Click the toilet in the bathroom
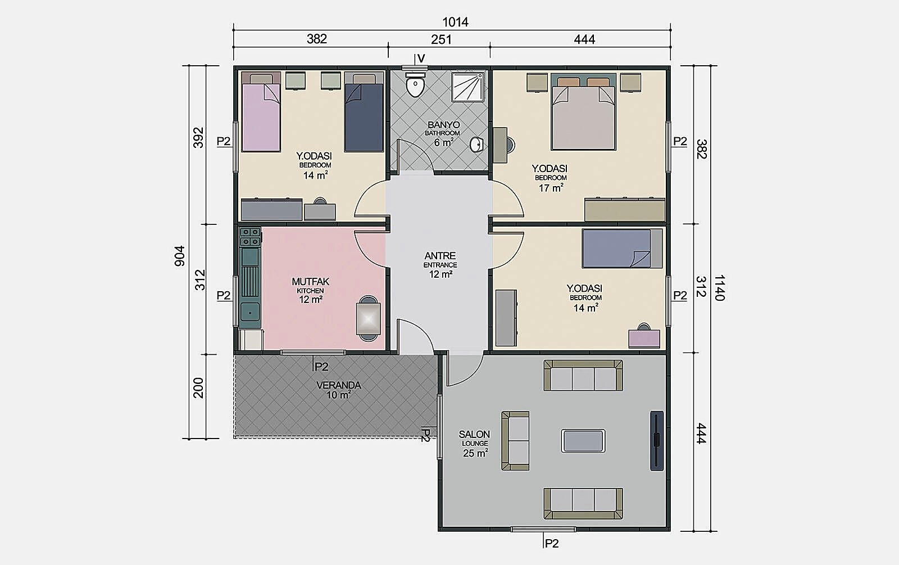[415, 85]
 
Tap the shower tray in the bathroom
[467, 87]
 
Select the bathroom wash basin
[476, 144]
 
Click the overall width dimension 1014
[455, 22]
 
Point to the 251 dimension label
[441, 39]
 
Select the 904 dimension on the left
[179, 256]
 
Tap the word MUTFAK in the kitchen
[310, 282]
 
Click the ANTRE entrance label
[441, 255]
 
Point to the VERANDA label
[339, 385]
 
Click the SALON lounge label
[474, 434]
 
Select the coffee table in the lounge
[583, 441]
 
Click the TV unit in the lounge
[657, 441]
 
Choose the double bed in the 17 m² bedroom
[583, 112]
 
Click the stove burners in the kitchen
[249, 237]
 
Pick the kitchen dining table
[368, 319]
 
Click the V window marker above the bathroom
[421, 58]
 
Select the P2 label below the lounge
[552, 543]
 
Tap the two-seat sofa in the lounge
[515, 441]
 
